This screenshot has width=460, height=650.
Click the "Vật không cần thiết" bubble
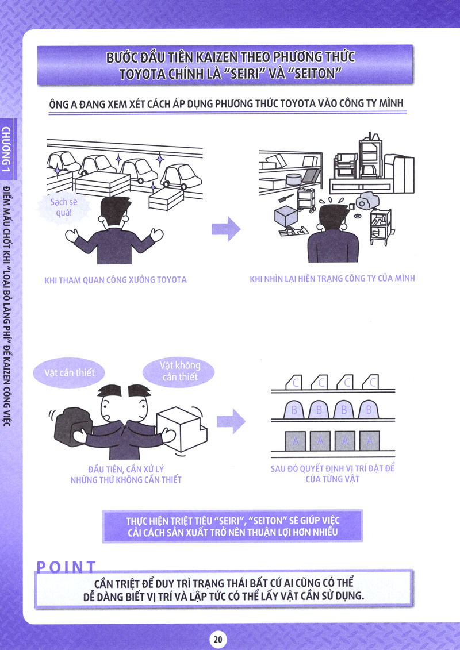[x=180, y=371]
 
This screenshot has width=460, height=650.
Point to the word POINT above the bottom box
[x=66, y=567]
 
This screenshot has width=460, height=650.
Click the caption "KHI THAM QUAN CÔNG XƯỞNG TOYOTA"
[x=116, y=280]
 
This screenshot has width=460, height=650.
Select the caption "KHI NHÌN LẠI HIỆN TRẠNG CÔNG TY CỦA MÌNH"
[x=332, y=279]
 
